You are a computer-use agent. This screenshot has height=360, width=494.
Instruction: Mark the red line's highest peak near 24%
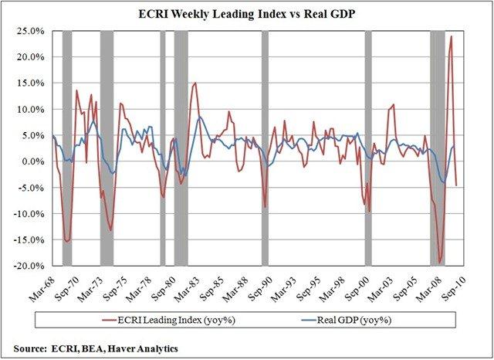pos(452,36)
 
